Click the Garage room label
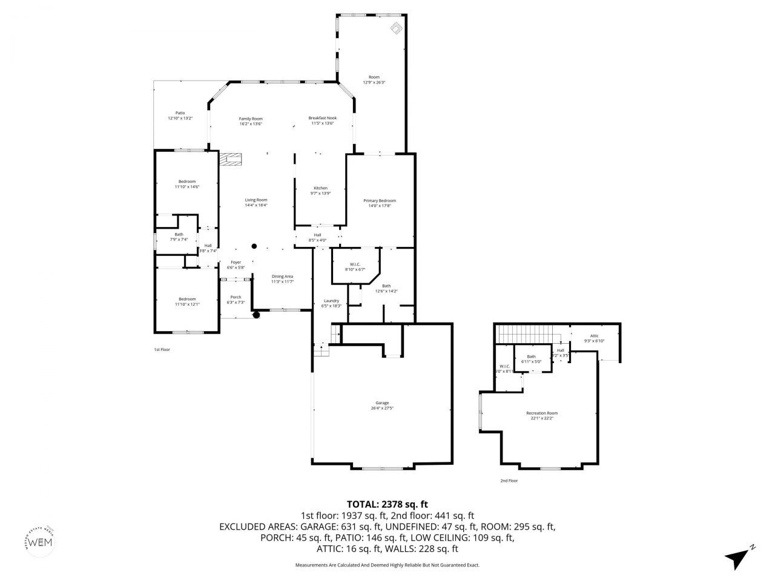381,403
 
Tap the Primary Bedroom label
380,201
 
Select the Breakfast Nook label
322,118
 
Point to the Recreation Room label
541,413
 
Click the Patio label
180,113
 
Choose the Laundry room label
331,301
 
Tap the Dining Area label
282,277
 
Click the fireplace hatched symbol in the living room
230,159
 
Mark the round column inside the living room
254,246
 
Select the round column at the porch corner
256,314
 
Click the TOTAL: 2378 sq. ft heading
387,504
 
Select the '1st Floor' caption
162,349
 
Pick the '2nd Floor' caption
509,481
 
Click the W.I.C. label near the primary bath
355,264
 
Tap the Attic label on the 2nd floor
594,336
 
